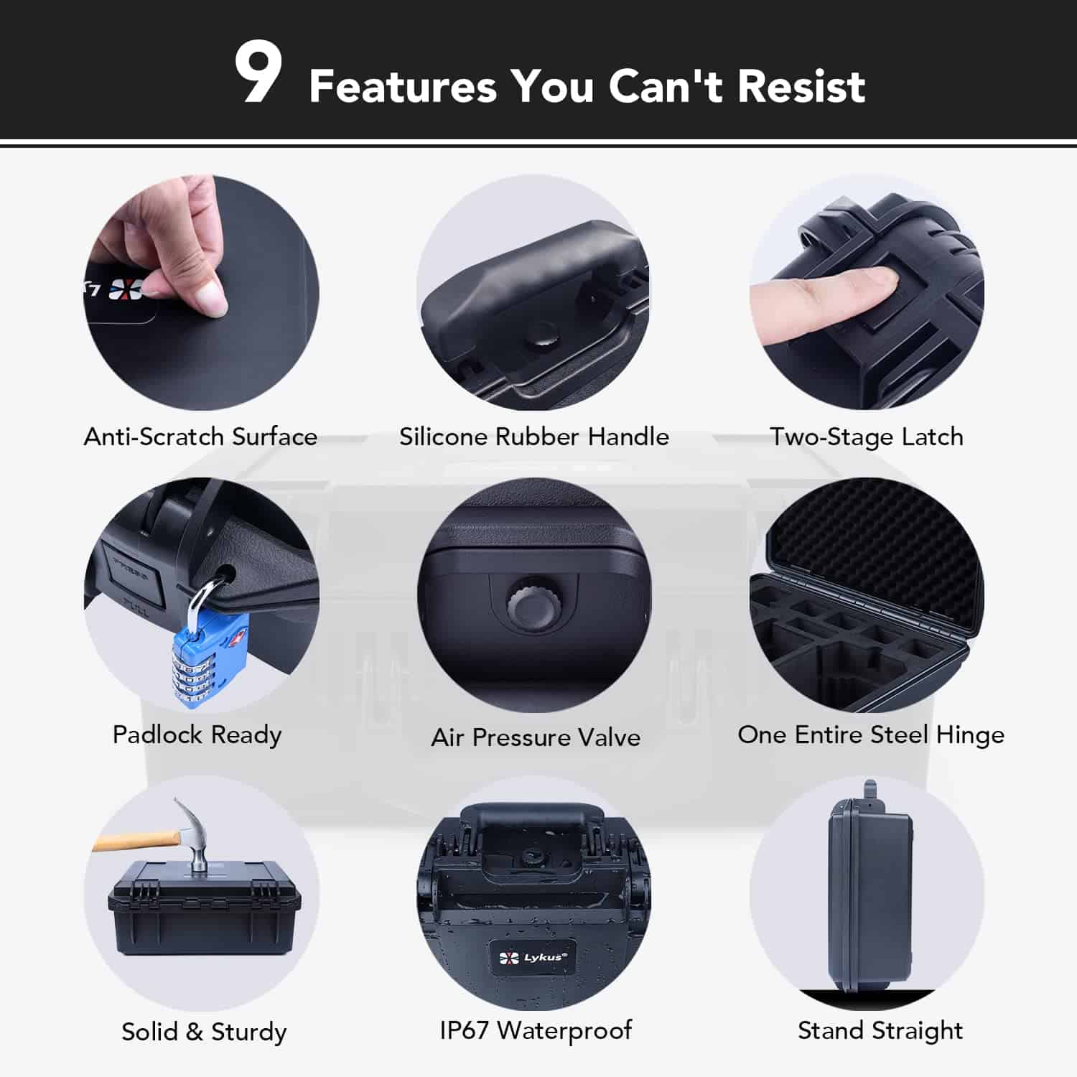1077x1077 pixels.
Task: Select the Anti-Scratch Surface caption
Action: click(x=200, y=437)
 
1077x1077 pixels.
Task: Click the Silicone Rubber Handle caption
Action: click(x=533, y=437)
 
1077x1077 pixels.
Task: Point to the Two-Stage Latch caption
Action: click(x=867, y=437)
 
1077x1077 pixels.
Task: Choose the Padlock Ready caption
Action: click(x=197, y=735)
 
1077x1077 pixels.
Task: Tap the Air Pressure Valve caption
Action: click(x=536, y=737)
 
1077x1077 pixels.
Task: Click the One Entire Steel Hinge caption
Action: click(x=871, y=735)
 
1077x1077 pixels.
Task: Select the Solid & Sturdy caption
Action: click(x=204, y=1032)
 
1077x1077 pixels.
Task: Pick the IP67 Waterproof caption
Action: click(x=536, y=1030)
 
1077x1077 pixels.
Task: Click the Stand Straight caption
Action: click(x=880, y=1031)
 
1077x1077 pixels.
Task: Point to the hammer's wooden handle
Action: click(x=136, y=840)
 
